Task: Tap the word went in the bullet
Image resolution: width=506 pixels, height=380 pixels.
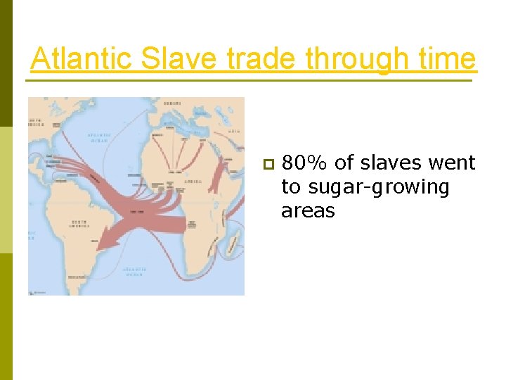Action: point(455,163)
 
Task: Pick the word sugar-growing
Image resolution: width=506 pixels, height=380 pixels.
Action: point(365,188)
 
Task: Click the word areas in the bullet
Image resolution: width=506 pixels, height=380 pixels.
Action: point(308,211)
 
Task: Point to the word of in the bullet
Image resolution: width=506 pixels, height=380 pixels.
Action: point(344,163)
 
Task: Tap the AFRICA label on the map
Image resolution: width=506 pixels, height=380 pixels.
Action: point(193,182)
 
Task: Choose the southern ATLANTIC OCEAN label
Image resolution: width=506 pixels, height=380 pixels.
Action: point(134,270)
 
